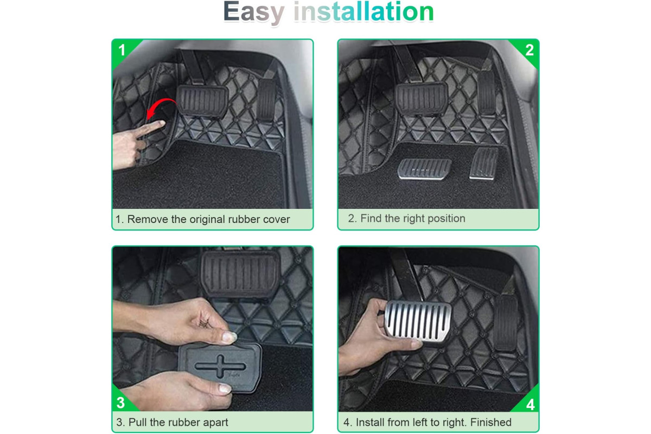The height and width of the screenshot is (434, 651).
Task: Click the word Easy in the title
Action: click(x=253, y=12)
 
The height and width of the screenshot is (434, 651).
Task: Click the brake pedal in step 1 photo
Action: click(x=202, y=101)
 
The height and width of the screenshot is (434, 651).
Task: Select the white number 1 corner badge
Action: click(x=122, y=50)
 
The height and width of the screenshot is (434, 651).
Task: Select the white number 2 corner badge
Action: click(x=529, y=50)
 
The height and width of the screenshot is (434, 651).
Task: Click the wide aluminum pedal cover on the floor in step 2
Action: click(x=424, y=169)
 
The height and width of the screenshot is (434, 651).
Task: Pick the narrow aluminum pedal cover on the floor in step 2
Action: click(x=483, y=164)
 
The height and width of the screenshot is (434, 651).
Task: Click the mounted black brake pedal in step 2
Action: click(x=421, y=98)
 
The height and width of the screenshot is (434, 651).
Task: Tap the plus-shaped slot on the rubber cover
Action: click(x=221, y=366)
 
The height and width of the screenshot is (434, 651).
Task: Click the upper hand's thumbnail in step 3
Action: click(x=229, y=337)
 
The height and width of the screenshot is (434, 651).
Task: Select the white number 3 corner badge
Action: click(x=120, y=403)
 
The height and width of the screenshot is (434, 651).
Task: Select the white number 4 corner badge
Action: click(x=531, y=404)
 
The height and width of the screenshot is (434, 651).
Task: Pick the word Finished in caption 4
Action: click(x=491, y=422)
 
